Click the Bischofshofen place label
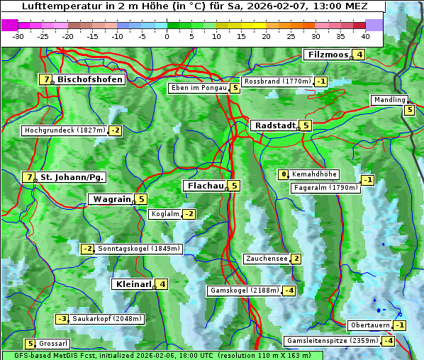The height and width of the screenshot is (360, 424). point(90,80)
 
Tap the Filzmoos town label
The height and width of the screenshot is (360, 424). point(328,55)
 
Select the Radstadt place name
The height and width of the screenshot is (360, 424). point(274,125)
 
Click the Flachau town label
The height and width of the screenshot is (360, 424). point(206,186)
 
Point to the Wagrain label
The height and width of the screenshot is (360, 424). point(112,199)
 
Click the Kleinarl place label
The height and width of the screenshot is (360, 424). point(133,284)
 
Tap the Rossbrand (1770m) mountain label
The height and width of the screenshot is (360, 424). point(277,81)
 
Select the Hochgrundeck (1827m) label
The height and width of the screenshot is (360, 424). point(65,130)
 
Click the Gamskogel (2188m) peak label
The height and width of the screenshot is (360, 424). point(244,291)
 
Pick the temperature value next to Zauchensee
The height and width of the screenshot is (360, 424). point(296,259)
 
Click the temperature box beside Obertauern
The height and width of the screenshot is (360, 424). point(401,325)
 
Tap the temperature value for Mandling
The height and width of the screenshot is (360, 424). point(409,110)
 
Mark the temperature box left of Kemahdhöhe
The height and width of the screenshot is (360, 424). point(284,174)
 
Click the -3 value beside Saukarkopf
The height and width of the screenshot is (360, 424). point(62,319)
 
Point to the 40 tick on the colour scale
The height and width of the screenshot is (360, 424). point(365,35)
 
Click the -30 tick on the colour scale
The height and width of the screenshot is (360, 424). point(18,35)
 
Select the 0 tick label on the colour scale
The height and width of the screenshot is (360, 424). point(167,35)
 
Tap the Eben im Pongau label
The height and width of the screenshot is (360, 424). point(198,89)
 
